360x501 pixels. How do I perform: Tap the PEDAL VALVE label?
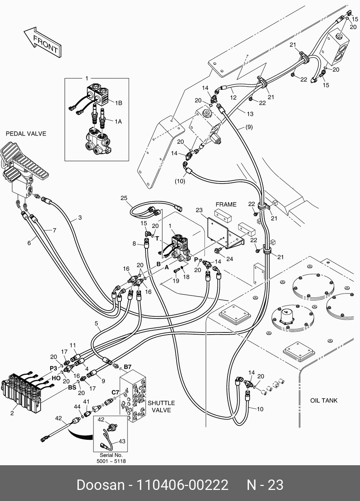(26, 134)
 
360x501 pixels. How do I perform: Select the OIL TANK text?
(323, 401)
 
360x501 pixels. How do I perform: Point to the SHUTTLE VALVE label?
(161, 407)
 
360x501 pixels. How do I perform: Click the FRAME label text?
(226, 204)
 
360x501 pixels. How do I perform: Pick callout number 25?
(124, 198)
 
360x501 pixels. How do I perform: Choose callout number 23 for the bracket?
(199, 210)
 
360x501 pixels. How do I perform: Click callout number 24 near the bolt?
(230, 259)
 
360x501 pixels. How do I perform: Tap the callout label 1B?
(118, 103)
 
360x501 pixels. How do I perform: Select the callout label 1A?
(118, 122)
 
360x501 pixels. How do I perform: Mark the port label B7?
(128, 367)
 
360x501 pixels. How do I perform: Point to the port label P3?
(53, 368)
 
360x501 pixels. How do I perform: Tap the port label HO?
(56, 378)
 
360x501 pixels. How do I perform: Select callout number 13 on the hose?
(250, 114)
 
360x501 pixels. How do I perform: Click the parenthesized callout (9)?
(249, 127)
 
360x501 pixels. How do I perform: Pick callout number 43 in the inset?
(122, 442)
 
